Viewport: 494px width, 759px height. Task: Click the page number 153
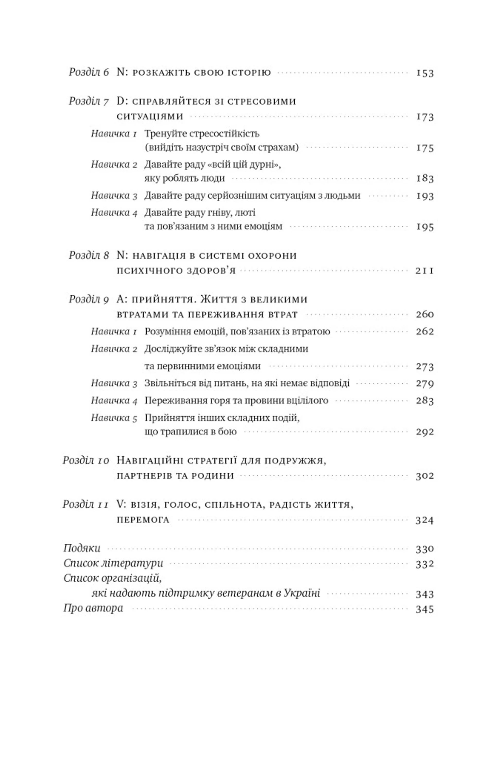point(425,73)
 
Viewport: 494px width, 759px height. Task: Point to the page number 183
point(425,178)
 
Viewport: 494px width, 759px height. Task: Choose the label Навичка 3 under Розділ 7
point(114,195)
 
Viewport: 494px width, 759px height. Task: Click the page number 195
point(425,227)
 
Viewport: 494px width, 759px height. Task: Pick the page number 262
point(425,332)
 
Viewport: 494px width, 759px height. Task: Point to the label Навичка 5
point(114,418)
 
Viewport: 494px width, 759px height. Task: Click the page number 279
point(425,383)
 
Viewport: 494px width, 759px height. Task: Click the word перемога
point(143,520)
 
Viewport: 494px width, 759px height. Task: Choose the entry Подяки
point(82,548)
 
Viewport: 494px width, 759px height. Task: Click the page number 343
point(425,594)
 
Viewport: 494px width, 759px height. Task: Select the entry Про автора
point(93,608)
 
